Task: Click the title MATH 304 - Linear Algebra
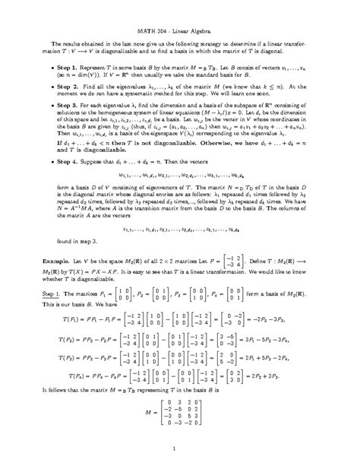(x=179, y=29)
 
